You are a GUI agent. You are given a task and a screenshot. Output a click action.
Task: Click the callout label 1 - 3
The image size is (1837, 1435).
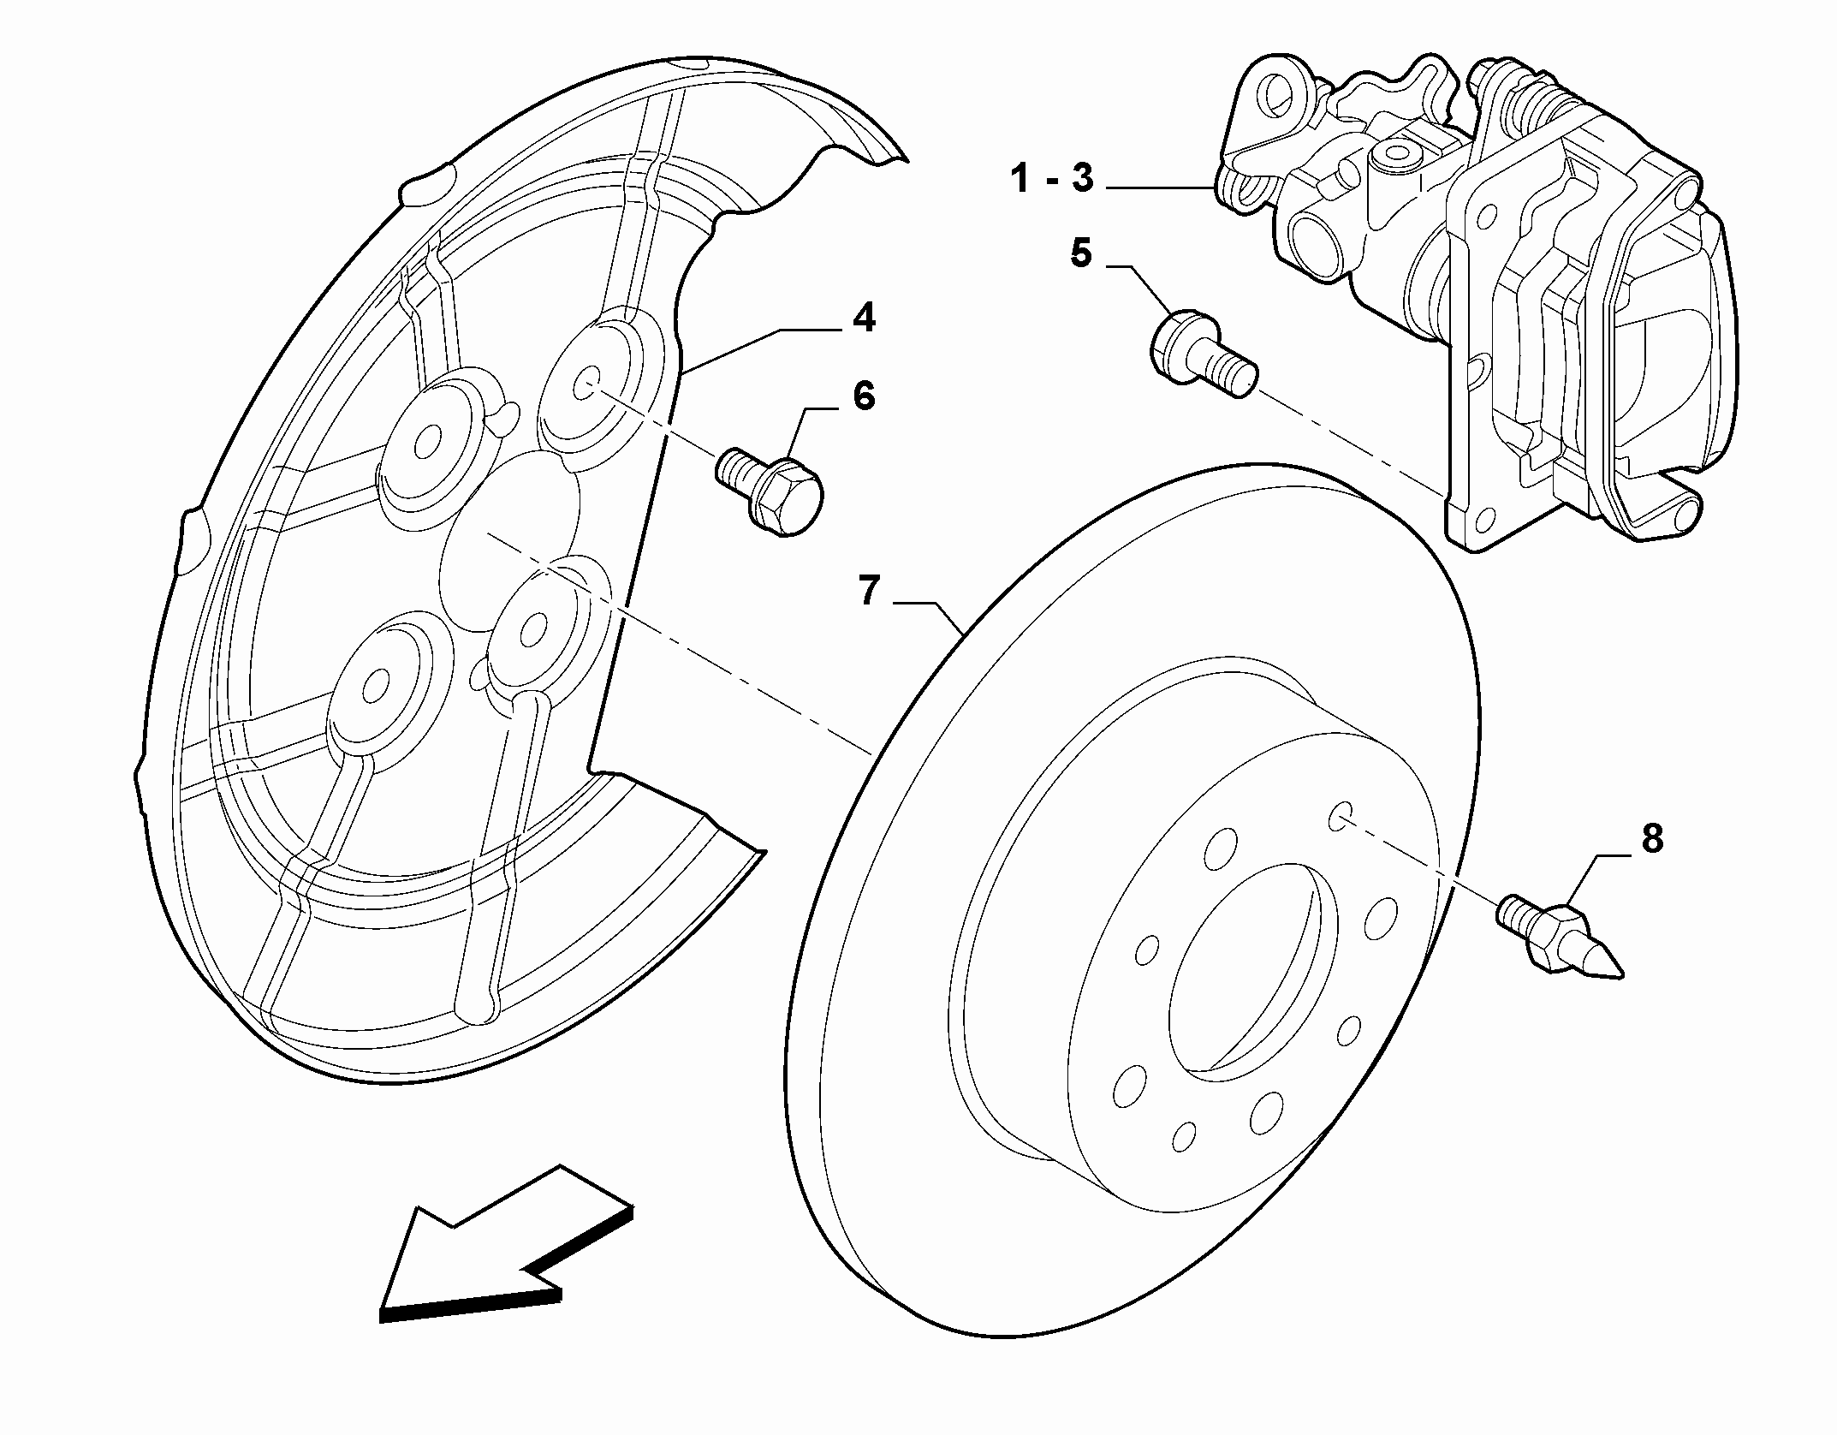pyautogui.click(x=1051, y=180)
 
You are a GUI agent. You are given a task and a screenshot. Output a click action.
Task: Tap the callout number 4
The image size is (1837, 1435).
pyautogui.click(x=864, y=319)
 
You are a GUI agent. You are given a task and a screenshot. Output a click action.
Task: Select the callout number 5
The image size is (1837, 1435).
pyautogui.click(x=1081, y=253)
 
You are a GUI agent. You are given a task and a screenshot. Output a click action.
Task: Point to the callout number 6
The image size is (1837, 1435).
pyautogui.click(x=864, y=396)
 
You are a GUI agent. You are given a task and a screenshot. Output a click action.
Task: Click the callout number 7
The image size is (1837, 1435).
pyautogui.click(x=869, y=591)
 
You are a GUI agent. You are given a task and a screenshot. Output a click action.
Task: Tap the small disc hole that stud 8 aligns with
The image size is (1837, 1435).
pyautogui.click(x=1340, y=817)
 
